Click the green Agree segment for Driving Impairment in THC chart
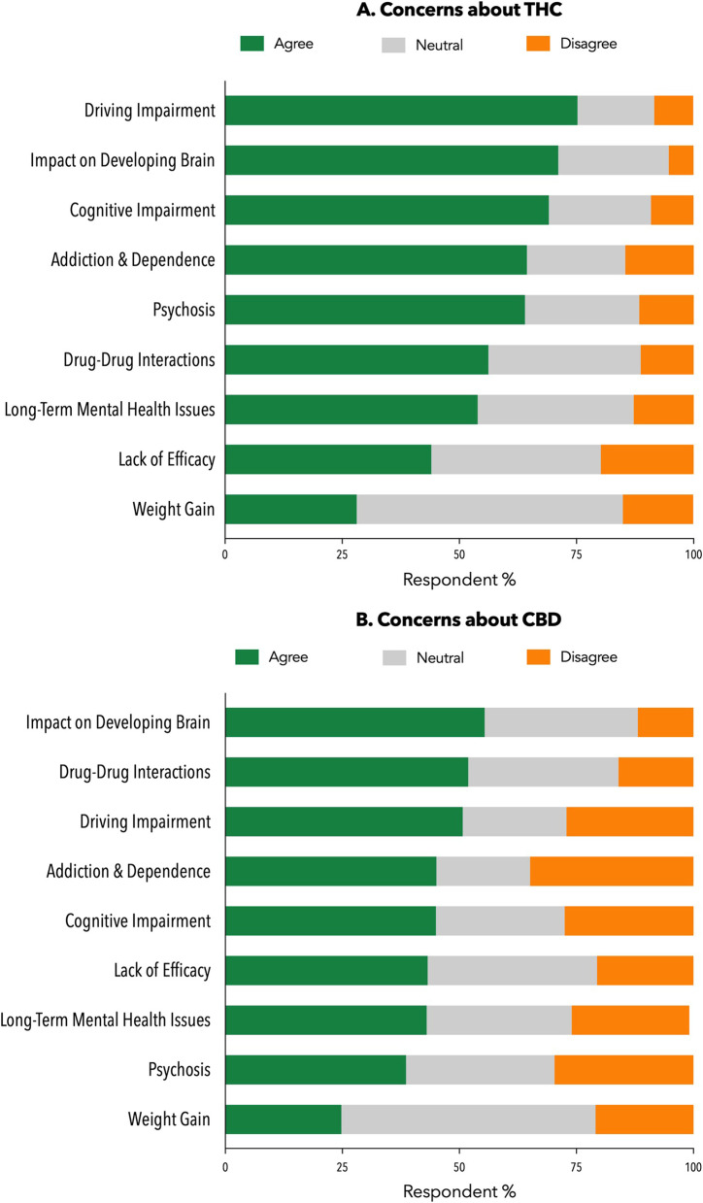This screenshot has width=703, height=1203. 401,111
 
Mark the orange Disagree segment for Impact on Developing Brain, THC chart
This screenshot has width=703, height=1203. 681,160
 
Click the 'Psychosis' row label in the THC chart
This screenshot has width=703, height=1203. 184,311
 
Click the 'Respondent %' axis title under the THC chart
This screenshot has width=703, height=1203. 459,580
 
